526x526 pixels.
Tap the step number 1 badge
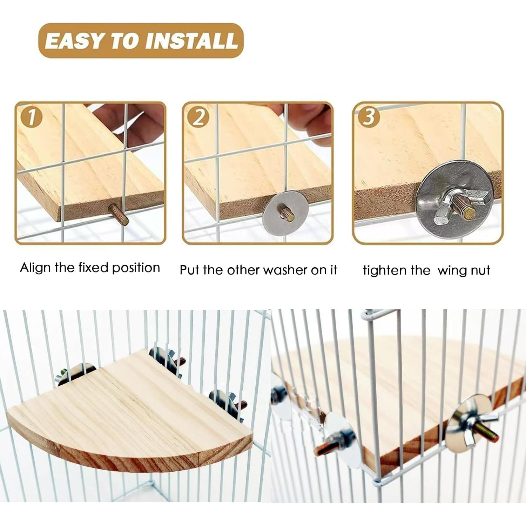[31, 118]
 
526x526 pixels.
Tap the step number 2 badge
[198, 118]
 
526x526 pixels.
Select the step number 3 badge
[368, 117]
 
